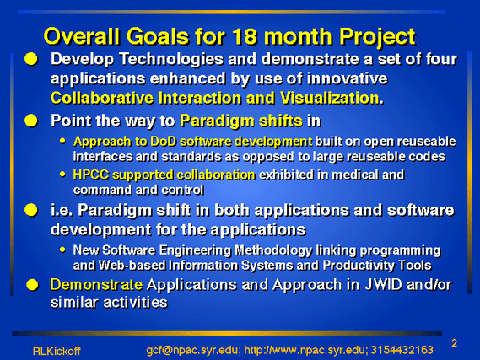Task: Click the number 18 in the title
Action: tap(245, 37)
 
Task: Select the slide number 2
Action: tap(455, 343)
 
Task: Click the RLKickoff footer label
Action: tap(57, 351)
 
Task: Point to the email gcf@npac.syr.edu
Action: tap(192, 350)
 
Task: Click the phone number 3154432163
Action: tap(402, 350)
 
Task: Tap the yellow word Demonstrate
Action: tap(96, 285)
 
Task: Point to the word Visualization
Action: tap(332, 98)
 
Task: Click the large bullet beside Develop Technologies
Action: tap(31, 59)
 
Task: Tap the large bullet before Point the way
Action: tap(31, 121)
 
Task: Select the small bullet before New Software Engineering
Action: tap(62, 250)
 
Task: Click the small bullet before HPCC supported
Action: tap(62, 175)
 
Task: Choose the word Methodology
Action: tap(273, 250)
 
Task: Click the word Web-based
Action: tap(132, 266)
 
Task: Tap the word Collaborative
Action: tap(102, 98)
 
